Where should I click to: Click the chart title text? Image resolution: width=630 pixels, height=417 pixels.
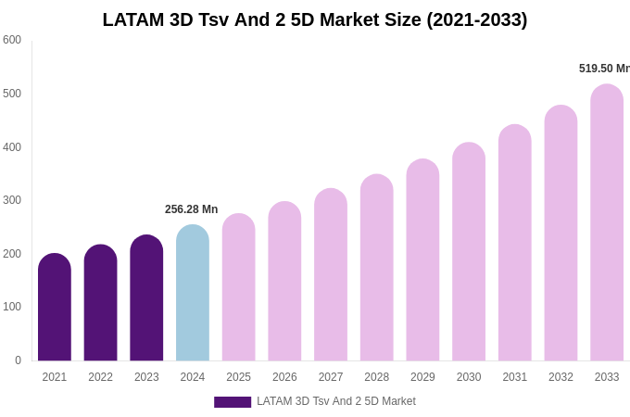tap(315, 19)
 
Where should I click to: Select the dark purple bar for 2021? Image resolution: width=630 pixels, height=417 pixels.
tap(55, 308)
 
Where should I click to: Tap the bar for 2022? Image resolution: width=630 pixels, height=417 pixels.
tap(100, 303)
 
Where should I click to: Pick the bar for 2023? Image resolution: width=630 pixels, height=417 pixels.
tap(146, 298)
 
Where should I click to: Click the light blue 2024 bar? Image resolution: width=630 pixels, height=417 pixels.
tap(193, 293)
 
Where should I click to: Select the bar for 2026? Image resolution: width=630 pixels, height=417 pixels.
tap(284, 282)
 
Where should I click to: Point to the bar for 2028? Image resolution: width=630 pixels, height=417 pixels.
tap(377, 268)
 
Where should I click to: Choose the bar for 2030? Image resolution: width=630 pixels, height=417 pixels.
tap(469, 252)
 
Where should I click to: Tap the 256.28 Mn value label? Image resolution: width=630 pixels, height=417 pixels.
tap(192, 209)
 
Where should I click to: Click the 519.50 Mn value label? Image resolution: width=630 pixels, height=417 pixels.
tap(603, 69)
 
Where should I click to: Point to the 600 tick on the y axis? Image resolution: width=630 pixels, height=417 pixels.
tap(12, 40)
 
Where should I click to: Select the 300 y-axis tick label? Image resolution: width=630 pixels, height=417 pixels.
tap(12, 200)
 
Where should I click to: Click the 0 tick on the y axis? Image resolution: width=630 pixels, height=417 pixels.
tap(17, 360)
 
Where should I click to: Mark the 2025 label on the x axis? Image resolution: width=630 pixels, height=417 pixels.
tap(238, 377)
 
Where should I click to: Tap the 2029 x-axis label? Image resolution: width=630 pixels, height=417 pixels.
tap(422, 377)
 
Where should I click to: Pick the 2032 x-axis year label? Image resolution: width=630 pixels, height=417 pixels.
tap(561, 377)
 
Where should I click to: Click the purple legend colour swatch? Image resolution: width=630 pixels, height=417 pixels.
tap(233, 402)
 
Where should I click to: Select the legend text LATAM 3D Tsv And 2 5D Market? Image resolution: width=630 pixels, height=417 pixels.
tap(336, 401)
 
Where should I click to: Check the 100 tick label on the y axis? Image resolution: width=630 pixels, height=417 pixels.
tap(12, 307)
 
